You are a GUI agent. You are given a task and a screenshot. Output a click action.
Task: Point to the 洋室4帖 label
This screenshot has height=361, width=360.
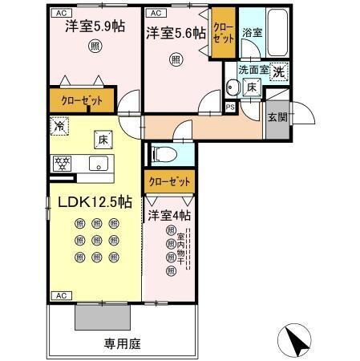[x=169, y=215]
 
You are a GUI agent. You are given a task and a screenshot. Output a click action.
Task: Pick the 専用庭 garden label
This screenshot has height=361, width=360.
[x=122, y=343]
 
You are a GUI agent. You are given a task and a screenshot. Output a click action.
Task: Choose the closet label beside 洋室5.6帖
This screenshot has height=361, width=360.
[x=223, y=32]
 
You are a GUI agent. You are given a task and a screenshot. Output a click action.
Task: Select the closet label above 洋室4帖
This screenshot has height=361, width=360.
[x=169, y=180]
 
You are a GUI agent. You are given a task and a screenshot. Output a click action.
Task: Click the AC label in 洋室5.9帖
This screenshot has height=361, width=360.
[x=60, y=14]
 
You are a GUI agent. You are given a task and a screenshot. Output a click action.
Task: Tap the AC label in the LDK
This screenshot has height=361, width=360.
[x=60, y=296]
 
